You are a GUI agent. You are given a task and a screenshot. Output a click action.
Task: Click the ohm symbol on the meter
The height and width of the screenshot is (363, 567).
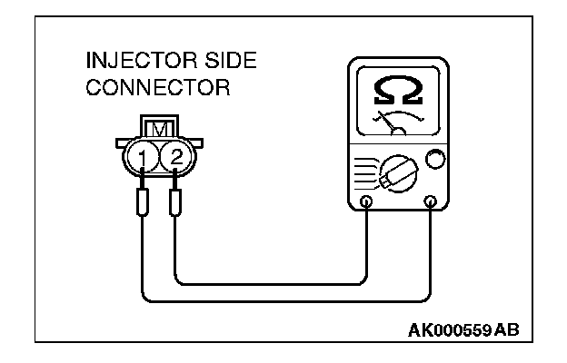coord(397,90)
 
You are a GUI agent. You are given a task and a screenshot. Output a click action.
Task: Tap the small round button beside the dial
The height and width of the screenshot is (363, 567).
coord(435,162)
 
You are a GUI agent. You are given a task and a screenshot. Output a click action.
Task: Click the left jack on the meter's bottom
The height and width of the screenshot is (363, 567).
coord(366,201)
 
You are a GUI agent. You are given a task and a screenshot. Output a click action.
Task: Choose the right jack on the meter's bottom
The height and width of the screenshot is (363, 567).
coord(431,201)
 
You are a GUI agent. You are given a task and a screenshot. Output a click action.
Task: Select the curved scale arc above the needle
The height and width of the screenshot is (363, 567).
coord(397,115)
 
